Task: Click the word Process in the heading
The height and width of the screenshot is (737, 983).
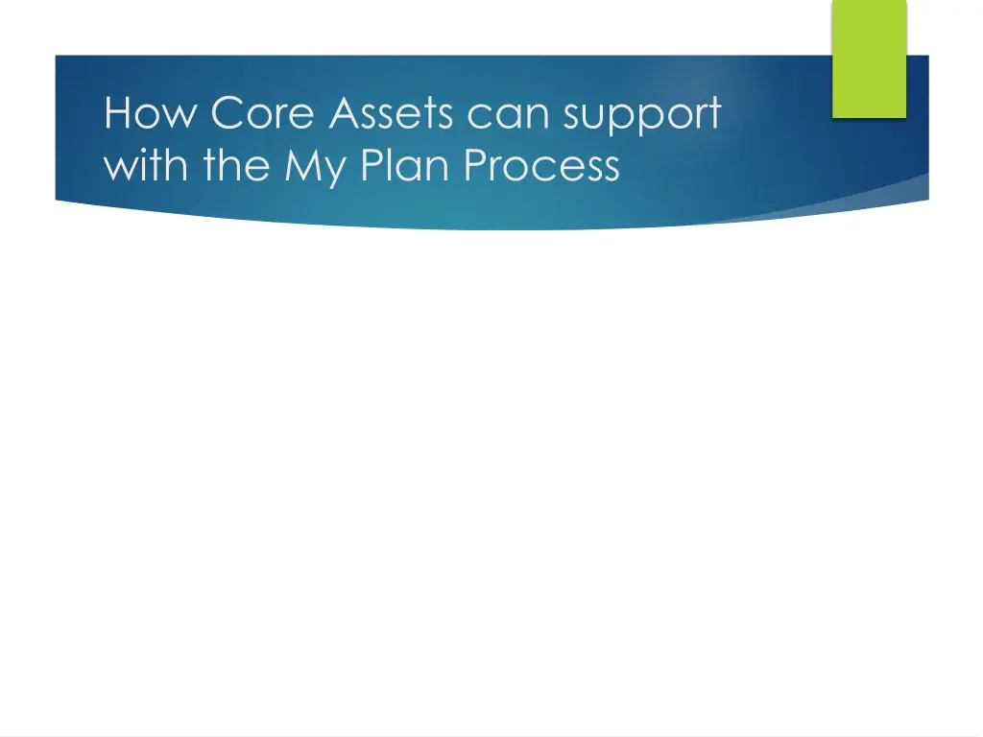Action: [x=542, y=166]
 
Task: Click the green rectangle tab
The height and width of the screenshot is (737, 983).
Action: [x=868, y=59]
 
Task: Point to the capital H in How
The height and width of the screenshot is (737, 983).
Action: [x=117, y=114]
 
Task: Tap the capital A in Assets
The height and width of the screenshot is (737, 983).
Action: [x=345, y=114]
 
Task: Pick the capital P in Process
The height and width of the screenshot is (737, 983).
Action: [x=476, y=166]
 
